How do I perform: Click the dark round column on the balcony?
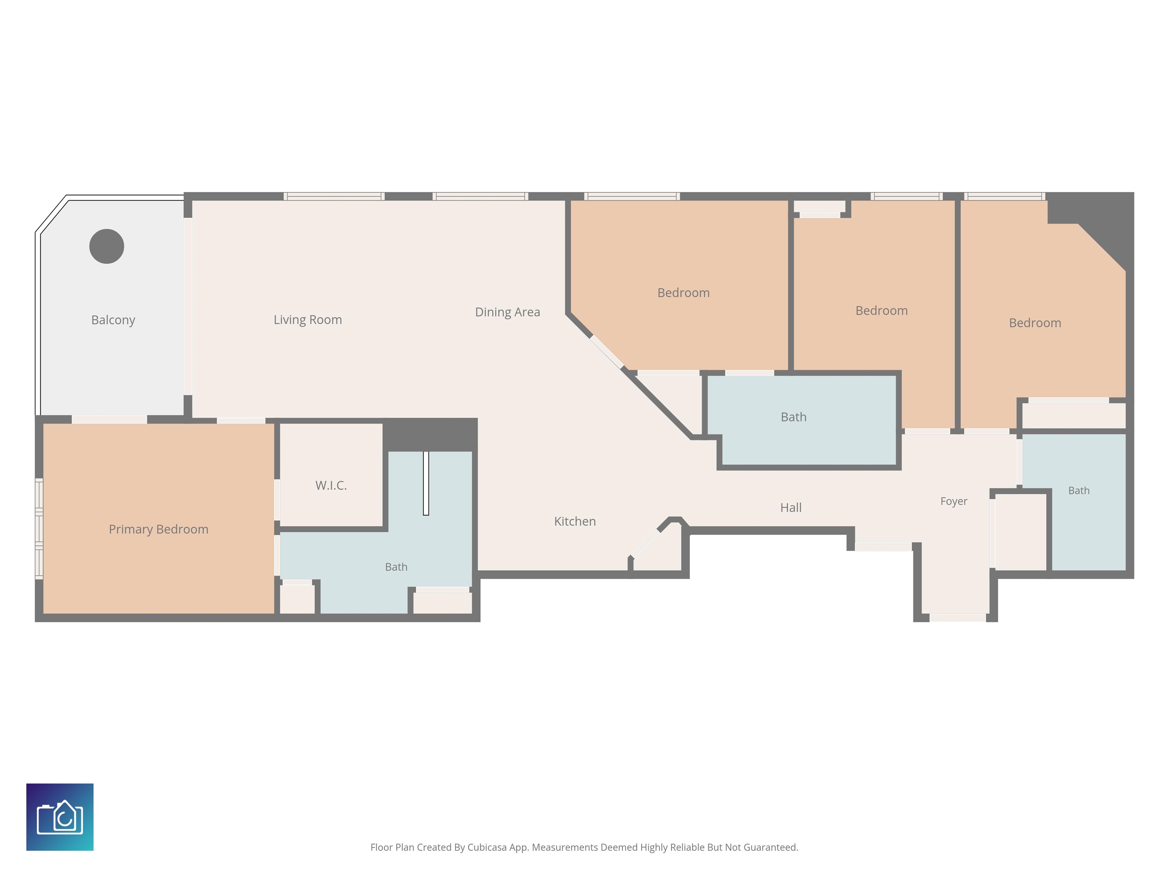pyautogui.click(x=107, y=246)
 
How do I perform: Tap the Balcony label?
pyautogui.click(x=113, y=321)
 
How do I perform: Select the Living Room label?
pyautogui.click(x=307, y=320)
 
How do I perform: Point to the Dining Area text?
pyautogui.click(x=507, y=313)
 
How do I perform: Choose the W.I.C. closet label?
pyautogui.click(x=331, y=485)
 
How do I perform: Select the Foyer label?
pyautogui.click(x=953, y=502)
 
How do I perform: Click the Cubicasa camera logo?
pyautogui.click(x=60, y=817)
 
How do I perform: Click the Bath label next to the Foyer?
pyautogui.click(x=1079, y=491)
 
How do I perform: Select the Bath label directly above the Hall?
pyautogui.click(x=793, y=417)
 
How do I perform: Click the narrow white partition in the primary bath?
pyautogui.click(x=426, y=483)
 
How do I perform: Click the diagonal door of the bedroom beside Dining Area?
pyautogui.click(x=607, y=352)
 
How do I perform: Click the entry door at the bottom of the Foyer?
pyautogui.click(x=957, y=617)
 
